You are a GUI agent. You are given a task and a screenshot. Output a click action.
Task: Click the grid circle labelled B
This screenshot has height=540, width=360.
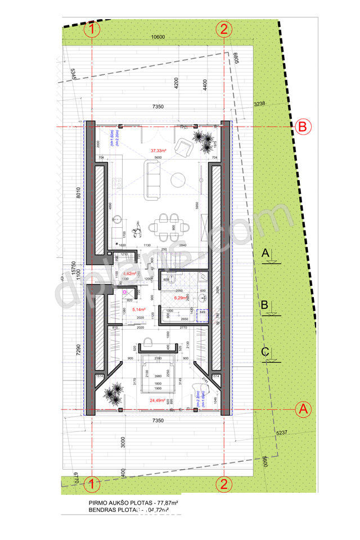(x=302, y=127)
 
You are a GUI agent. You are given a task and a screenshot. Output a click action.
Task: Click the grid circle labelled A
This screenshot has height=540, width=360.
(x=303, y=409)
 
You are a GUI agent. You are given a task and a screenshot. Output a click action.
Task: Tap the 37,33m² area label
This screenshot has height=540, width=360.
(x=159, y=151)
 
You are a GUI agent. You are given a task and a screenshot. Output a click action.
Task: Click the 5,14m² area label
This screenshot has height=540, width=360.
(x=139, y=309)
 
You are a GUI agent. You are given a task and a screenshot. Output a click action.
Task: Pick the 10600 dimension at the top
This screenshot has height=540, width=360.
(x=158, y=38)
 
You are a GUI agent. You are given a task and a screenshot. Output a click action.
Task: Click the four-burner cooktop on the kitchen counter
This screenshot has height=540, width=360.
(x=117, y=183)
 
